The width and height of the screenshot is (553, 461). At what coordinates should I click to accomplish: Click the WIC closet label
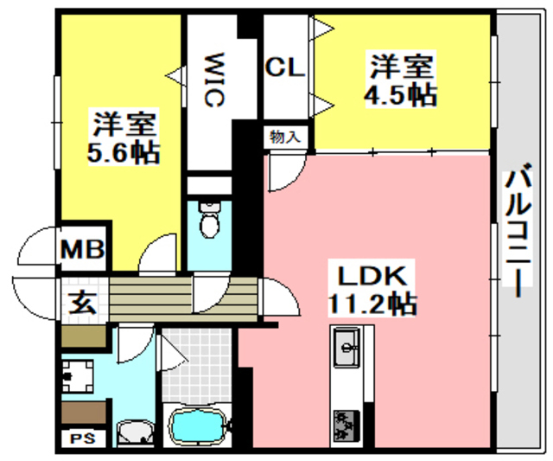pos(213,81)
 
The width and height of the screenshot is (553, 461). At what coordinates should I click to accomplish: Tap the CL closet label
pos(284,68)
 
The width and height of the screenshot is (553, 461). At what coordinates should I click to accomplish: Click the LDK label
pos(371,278)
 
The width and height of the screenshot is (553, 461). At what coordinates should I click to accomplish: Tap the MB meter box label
pos(83,251)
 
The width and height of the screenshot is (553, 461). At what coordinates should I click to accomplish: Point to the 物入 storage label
pos(284,137)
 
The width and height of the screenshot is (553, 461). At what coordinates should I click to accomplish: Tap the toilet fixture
pos(209,221)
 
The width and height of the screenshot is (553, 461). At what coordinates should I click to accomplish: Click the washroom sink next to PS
pos(133,432)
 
